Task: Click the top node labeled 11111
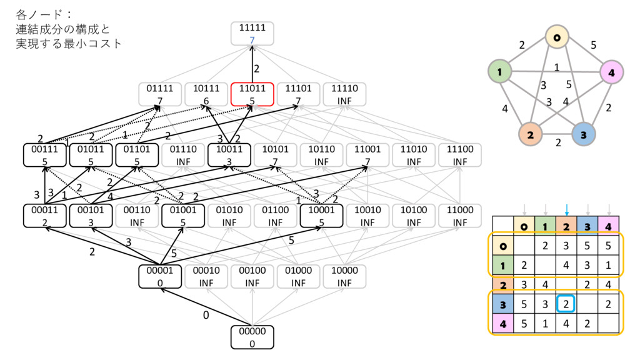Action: [x=252, y=33]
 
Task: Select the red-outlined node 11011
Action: [x=252, y=94]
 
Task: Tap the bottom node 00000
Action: [x=252, y=337]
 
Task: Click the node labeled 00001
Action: [x=160, y=276]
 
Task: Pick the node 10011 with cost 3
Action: [x=229, y=155]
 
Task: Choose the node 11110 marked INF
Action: [x=344, y=94]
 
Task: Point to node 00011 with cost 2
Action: [x=45, y=216]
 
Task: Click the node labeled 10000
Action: [x=344, y=276]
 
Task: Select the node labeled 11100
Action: [x=460, y=155]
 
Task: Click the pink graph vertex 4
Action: [x=610, y=73]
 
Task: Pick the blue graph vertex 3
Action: [x=584, y=134]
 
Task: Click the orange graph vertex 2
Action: [x=529, y=134]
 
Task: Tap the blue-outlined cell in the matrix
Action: [x=566, y=304]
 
